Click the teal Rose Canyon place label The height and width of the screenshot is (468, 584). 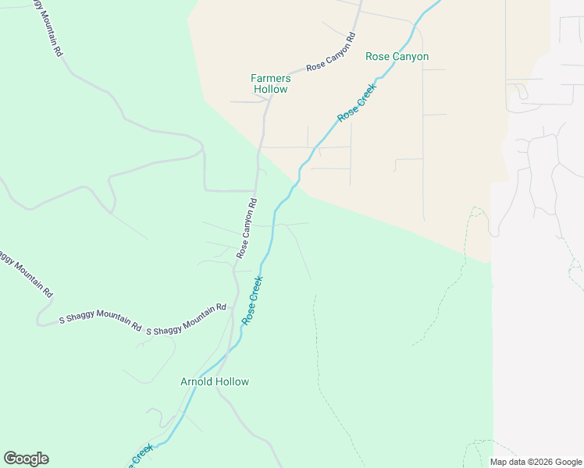pos(397,57)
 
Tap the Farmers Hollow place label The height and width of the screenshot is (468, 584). pos(271,83)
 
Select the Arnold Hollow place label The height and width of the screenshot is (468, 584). pos(215,381)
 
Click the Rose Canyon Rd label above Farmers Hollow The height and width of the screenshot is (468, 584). pos(331,52)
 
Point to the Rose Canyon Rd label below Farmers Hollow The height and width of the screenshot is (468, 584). pos(247,229)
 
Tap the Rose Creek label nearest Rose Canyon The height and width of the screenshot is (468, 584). pos(357,103)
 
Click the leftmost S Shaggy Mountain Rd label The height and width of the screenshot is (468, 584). pos(100,321)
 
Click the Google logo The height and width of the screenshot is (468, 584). pos(26,459)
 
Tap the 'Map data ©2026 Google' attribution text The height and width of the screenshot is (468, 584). pos(536,462)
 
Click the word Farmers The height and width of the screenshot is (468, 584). pos(271,78)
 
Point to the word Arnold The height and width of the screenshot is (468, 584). pos(196,381)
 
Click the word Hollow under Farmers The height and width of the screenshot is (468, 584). pos(271,89)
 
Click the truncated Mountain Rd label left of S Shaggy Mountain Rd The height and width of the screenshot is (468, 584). pos(26,273)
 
